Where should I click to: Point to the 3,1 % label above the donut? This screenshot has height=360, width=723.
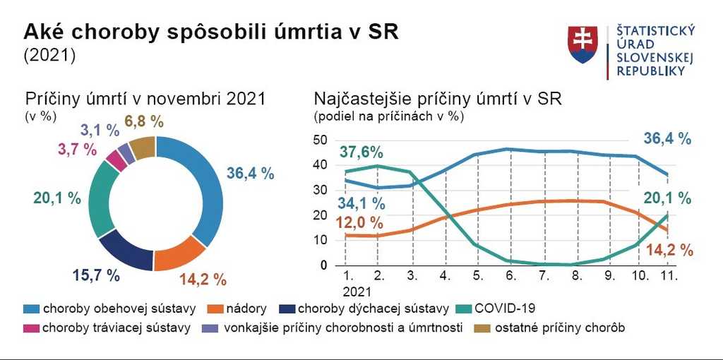tap(100, 130)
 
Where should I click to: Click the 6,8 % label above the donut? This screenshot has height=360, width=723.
tap(145, 121)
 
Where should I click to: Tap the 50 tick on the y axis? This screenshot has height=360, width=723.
tap(319, 140)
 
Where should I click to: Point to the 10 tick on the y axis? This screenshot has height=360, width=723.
tap(319, 240)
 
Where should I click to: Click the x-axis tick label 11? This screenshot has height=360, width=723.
tap(669, 276)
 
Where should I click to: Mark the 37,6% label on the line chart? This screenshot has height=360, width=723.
tap(361, 152)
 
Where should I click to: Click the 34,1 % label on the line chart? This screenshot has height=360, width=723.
tap(361, 204)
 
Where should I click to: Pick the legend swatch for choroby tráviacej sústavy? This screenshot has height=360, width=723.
tap(32, 328)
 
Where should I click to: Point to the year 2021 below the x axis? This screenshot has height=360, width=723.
tap(357, 290)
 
